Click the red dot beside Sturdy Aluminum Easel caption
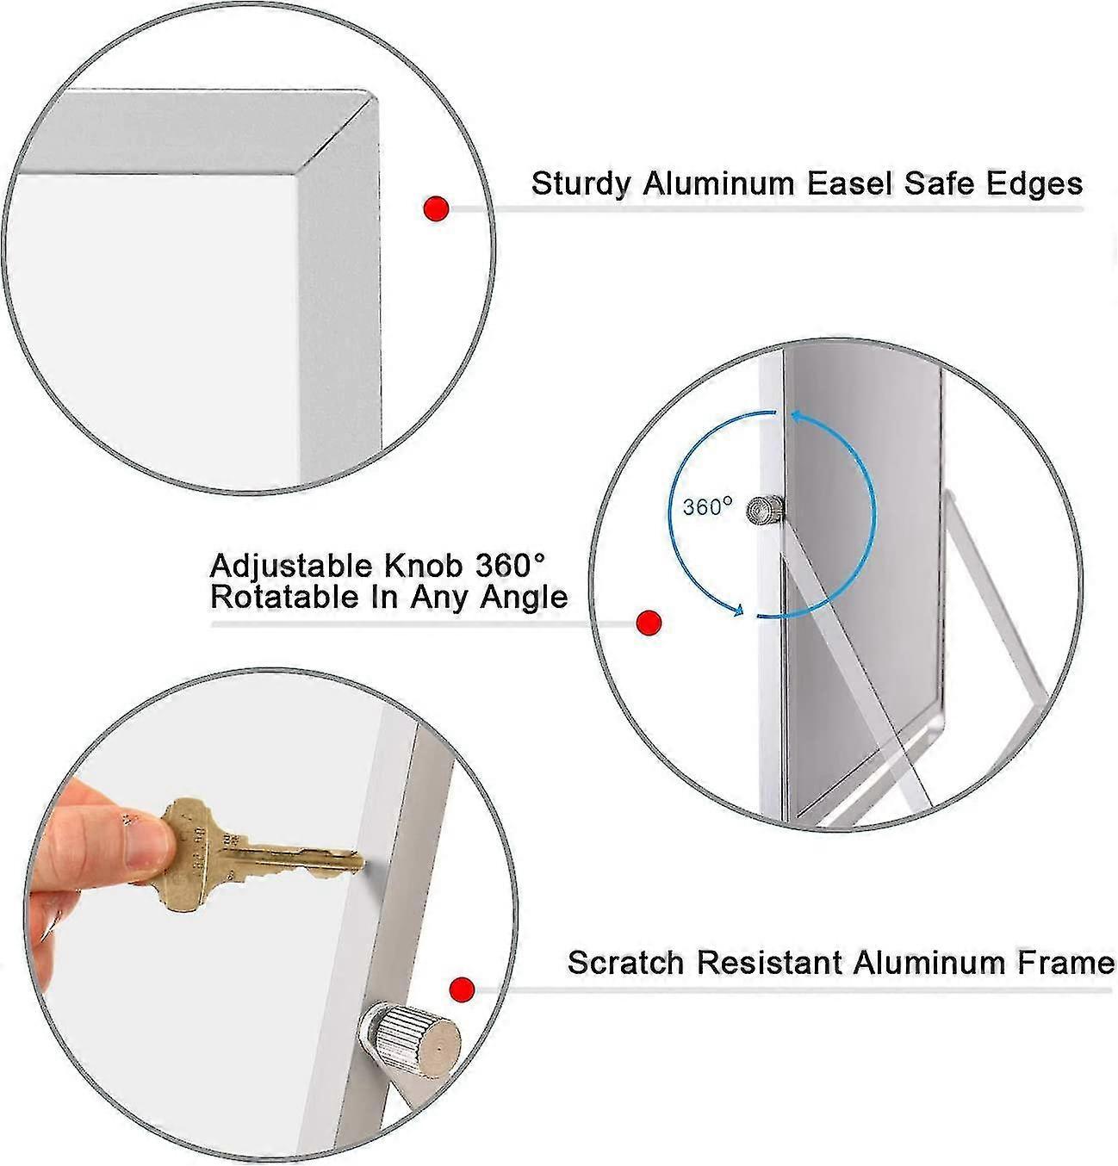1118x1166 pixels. point(436,208)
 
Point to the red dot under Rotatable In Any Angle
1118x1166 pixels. point(649,623)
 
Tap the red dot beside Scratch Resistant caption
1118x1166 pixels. point(462,989)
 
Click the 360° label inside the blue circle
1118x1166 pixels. point(708,507)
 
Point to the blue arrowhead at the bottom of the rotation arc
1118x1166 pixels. point(738,610)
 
